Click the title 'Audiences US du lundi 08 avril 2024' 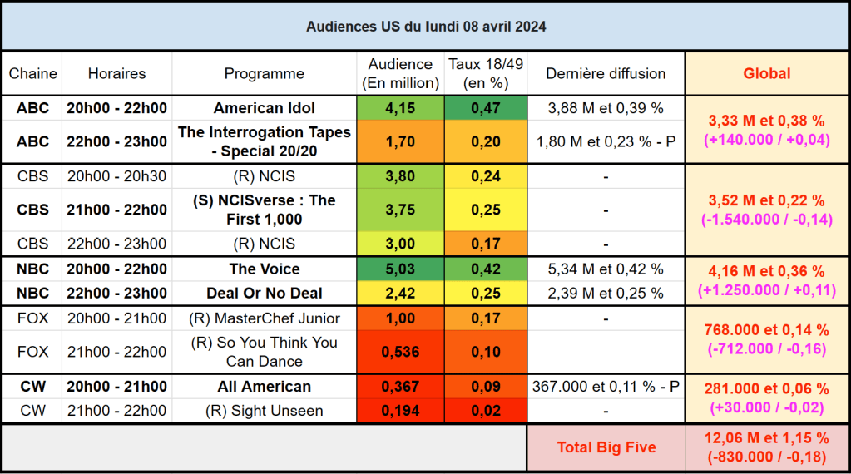pos(425,27)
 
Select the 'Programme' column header pos(265,73)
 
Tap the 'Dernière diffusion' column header pos(606,73)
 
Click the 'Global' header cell pos(766,73)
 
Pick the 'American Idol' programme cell pos(265,108)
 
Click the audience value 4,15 pos(400,108)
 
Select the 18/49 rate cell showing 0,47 pos(486,108)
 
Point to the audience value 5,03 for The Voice pos(400,269)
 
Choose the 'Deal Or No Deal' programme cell pos(265,293)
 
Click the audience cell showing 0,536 pos(400,352)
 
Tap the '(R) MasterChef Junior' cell pos(265,318)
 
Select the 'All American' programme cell pos(265,387)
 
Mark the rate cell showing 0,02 pos(486,411)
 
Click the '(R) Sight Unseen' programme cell pos(265,411)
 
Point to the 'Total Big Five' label pos(606,447)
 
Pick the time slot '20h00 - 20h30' pos(116,176)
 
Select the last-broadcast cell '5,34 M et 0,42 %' pos(606,269)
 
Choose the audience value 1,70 pos(400,141)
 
